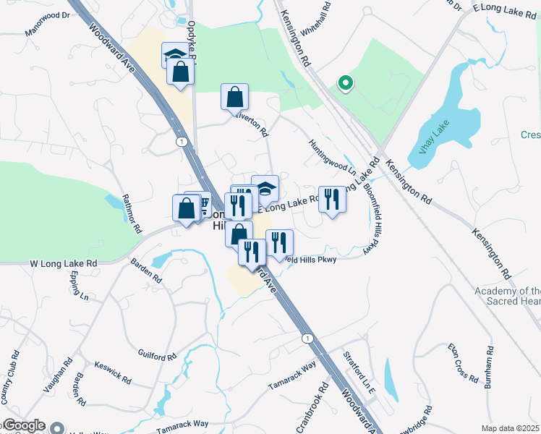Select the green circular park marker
click(x=345, y=83)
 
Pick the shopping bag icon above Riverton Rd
click(x=234, y=97)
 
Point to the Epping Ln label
click(x=80, y=288)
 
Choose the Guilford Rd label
click(x=157, y=355)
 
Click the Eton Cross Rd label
click(x=463, y=364)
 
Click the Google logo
click(x=23, y=426)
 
